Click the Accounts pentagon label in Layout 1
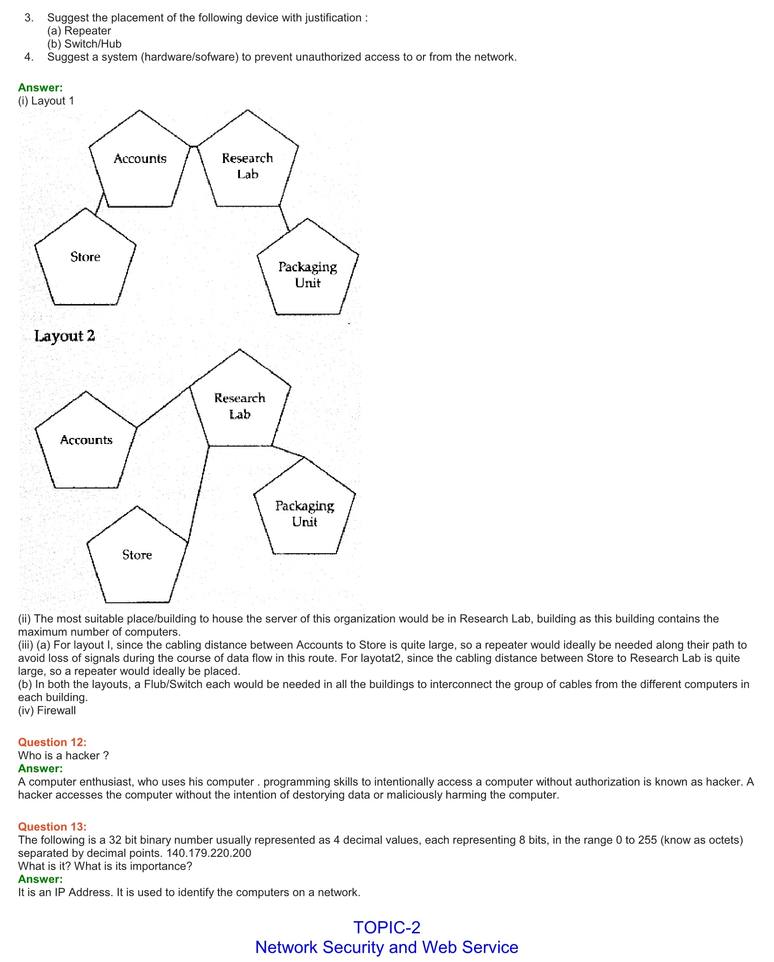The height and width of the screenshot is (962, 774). tap(140, 158)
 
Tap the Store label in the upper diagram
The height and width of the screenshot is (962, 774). tap(85, 257)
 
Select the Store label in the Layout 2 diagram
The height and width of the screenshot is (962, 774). tap(137, 555)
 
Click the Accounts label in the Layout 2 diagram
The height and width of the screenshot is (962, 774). tap(86, 440)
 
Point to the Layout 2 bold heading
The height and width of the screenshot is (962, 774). tap(65, 336)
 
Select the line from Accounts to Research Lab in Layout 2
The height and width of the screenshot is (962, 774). tap(163, 407)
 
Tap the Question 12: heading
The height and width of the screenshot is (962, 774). tap(52, 742)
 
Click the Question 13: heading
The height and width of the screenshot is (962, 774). tap(52, 826)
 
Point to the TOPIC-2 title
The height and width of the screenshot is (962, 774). tap(387, 927)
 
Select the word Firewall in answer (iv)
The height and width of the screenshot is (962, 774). tap(56, 710)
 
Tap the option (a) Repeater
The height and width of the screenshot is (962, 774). tap(79, 31)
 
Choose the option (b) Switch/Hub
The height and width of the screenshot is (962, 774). tap(84, 44)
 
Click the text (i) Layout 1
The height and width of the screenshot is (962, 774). tap(46, 101)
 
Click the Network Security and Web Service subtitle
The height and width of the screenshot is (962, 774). tap(387, 947)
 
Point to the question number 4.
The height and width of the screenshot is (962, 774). tap(29, 57)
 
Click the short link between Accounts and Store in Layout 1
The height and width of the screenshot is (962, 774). tap(100, 203)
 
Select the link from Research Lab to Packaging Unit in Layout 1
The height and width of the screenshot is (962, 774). tap(285, 219)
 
